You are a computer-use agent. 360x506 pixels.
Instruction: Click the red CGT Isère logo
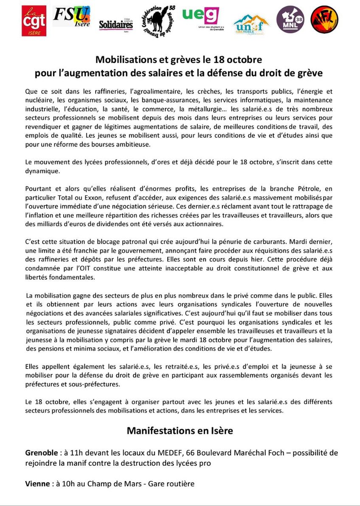point(34,21)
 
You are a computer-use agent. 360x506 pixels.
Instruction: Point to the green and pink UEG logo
point(200,17)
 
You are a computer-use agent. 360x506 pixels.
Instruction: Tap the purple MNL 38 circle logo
point(290,20)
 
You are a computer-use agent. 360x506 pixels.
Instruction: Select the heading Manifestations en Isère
point(180,431)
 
